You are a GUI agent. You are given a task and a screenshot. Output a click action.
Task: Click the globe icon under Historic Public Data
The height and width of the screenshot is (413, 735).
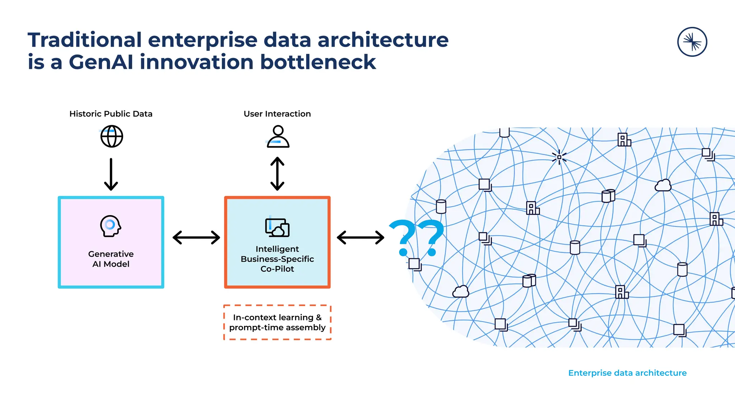[112, 136]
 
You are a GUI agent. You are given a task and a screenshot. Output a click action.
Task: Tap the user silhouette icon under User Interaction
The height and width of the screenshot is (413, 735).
[278, 137]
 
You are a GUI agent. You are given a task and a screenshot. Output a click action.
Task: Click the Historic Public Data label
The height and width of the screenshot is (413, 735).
[111, 114]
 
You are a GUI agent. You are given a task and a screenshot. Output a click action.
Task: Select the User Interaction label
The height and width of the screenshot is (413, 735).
[277, 114]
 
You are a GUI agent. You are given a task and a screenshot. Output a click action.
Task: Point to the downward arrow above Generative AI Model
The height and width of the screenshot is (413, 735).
[111, 174]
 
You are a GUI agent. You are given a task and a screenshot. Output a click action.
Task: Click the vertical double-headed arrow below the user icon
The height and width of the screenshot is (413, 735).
[277, 174]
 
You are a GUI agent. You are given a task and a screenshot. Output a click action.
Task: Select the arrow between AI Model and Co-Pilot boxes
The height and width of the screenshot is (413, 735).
[196, 237]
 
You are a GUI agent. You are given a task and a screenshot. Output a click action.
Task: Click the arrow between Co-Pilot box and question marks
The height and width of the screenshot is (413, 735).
[360, 237]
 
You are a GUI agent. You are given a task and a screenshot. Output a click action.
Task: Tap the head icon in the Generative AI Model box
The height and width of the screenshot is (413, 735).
[110, 226]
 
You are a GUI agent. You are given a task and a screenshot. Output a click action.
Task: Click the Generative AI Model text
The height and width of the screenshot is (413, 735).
[111, 259]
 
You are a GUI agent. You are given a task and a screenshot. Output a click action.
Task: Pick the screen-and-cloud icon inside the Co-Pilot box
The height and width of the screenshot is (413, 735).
[277, 228]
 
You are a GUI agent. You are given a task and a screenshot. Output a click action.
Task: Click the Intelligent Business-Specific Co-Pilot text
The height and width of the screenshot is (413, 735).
[277, 259]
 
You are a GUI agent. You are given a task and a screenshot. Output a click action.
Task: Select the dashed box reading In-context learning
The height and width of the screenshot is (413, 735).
[277, 322]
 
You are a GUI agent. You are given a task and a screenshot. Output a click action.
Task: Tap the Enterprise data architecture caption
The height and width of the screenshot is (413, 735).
[627, 373]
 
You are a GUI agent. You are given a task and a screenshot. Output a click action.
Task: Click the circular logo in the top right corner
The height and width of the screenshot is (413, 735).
[692, 42]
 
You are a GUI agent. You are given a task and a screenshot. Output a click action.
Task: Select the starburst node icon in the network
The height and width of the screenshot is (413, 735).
[559, 157]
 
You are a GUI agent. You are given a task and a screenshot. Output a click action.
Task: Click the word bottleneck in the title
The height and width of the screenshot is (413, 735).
[318, 62]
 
